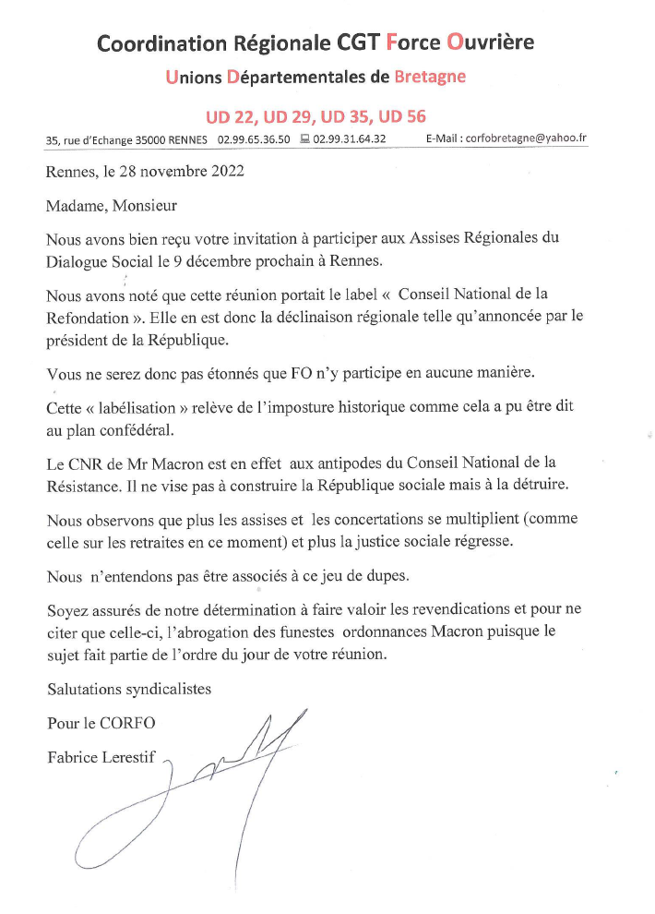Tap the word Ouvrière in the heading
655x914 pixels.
pyautogui.click(x=490, y=42)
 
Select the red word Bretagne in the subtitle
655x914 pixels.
pyautogui.click(x=430, y=77)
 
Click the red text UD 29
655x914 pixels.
pyautogui.click(x=287, y=116)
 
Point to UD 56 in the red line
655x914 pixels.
pyautogui.click(x=401, y=116)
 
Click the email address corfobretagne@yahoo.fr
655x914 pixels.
pyautogui.click(x=527, y=139)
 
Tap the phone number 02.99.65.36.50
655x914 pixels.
pyautogui.click(x=254, y=139)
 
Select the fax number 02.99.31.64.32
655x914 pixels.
pyautogui.click(x=350, y=139)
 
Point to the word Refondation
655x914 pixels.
pyautogui.click(x=85, y=316)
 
